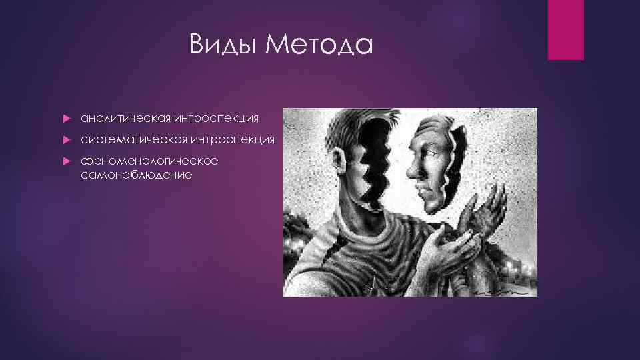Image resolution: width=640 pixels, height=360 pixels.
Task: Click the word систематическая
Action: click(133, 139)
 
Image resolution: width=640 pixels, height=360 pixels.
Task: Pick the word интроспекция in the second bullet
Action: click(233, 139)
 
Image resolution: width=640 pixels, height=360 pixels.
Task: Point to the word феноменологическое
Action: click(149, 161)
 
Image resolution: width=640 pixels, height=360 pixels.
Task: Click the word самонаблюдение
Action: click(136, 174)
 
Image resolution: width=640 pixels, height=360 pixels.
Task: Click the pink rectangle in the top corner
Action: click(565, 29)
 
